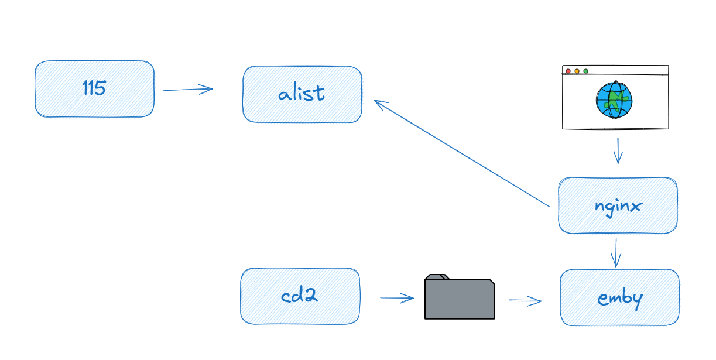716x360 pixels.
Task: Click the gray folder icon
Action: [460, 298]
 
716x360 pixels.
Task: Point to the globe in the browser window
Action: [614, 100]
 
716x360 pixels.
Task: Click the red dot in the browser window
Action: [568, 71]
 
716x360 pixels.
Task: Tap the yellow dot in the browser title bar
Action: [577, 71]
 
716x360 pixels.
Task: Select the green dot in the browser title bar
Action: [585, 71]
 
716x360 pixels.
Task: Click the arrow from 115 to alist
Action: [187, 90]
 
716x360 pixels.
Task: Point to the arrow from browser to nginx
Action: [618, 151]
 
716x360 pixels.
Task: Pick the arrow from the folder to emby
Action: [525, 301]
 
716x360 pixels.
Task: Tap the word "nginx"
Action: [618, 206]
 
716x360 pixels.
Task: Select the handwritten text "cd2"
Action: [299, 296]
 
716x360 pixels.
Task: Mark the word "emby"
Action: [620, 299]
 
